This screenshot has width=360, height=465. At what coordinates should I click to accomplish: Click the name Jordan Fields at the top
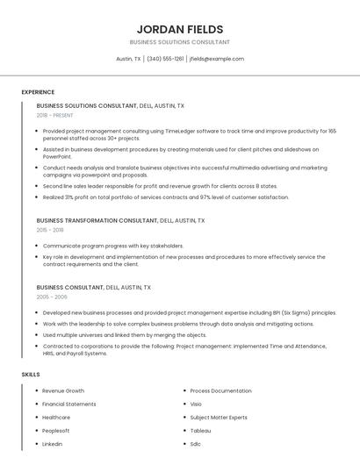click(179, 29)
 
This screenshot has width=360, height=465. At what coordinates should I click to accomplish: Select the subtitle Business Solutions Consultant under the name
click(179, 42)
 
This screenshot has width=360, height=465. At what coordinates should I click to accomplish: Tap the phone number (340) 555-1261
click(165, 59)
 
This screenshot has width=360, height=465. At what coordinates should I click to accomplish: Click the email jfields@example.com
click(217, 59)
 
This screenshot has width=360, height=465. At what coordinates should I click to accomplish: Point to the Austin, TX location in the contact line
click(128, 59)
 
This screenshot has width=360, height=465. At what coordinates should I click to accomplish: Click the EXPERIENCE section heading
click(38, 92)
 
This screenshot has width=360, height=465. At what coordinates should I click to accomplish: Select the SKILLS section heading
click(31, 375)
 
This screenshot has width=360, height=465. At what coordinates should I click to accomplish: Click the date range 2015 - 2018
click(50, 230)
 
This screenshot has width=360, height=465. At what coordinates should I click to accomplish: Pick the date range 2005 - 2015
click(50, 297)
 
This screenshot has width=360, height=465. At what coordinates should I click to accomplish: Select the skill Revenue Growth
click(63, 390)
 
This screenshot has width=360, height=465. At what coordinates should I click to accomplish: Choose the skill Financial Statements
click(69, 404)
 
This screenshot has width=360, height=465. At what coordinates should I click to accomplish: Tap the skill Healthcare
click(56, 418)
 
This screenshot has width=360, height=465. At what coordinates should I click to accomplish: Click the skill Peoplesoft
click(56, 431)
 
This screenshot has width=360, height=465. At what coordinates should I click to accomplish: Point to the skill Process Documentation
click(220, 390)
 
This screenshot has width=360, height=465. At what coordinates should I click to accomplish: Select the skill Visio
click(196, 404)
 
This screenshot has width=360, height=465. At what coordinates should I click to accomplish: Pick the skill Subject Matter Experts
click(219, 418)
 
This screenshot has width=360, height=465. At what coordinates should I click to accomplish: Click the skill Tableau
click(200, 431)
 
